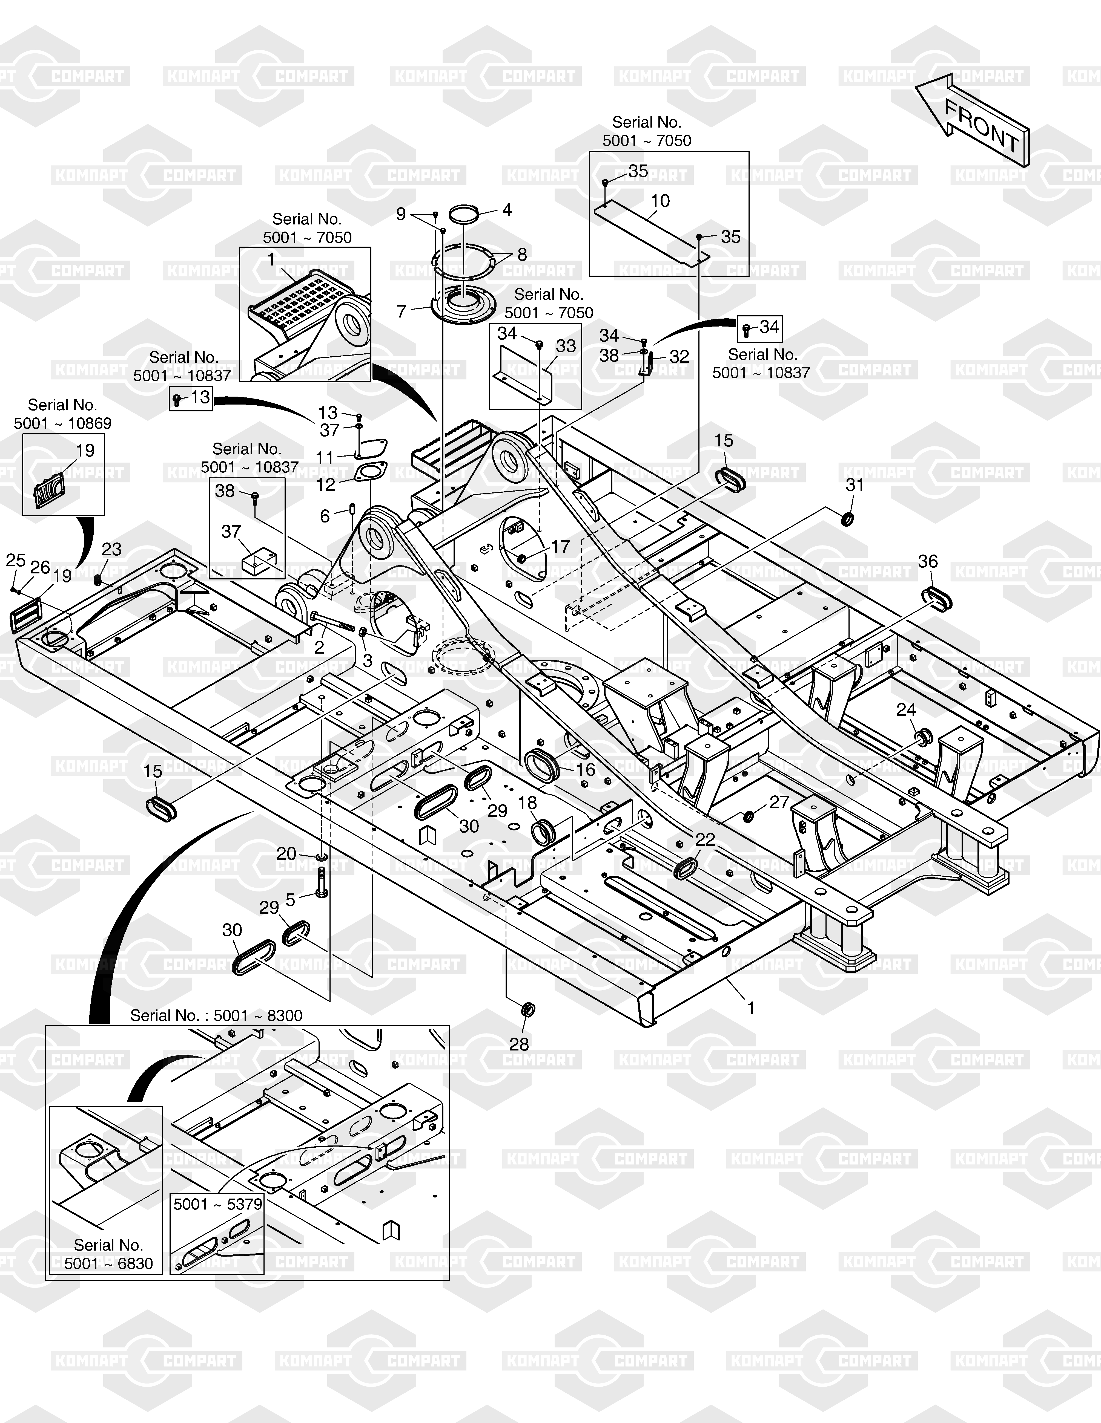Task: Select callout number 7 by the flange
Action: [x=402, y=311]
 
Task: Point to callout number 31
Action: [x=855, y=485]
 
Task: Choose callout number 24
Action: [x=906, y=709]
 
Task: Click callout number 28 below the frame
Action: [x=519, y=1044]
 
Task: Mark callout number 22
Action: [x=705, y=839]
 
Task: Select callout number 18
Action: [x=527, y=803]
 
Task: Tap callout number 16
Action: [x=585, y=769]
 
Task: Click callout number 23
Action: [x=111, y=549]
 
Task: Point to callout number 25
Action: [x=16, y=560]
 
